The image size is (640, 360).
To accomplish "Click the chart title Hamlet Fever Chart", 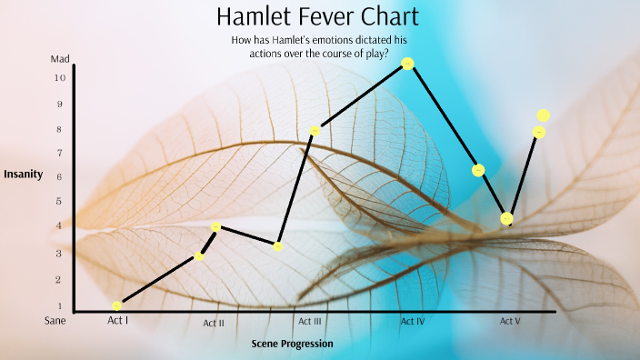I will [318, 16].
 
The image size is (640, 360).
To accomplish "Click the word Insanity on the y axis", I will [24, 174].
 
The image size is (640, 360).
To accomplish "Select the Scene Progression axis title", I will [292, 344].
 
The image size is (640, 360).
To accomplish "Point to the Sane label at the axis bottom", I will [56, 320].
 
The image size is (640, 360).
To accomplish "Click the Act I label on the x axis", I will [118, 320].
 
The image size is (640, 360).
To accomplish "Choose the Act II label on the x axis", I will [214, 323].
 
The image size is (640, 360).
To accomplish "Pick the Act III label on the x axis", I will [309, 321].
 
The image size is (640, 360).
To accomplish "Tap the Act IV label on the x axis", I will [413, 321].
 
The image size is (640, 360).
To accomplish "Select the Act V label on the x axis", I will [510, 321].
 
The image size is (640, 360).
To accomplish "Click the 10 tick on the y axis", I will [59, 78].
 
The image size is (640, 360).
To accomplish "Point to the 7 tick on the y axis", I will [59, 153].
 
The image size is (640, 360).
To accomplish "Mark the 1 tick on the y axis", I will [59, 306].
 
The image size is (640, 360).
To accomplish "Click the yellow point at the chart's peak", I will [407, 63].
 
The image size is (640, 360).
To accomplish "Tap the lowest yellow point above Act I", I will [116, 305].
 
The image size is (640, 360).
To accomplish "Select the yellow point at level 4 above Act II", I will [216, 226].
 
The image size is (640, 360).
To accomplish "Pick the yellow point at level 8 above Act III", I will [315, 131].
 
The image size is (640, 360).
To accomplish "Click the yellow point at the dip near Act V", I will [507, 218].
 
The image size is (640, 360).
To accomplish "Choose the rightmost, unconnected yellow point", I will [544, 115].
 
